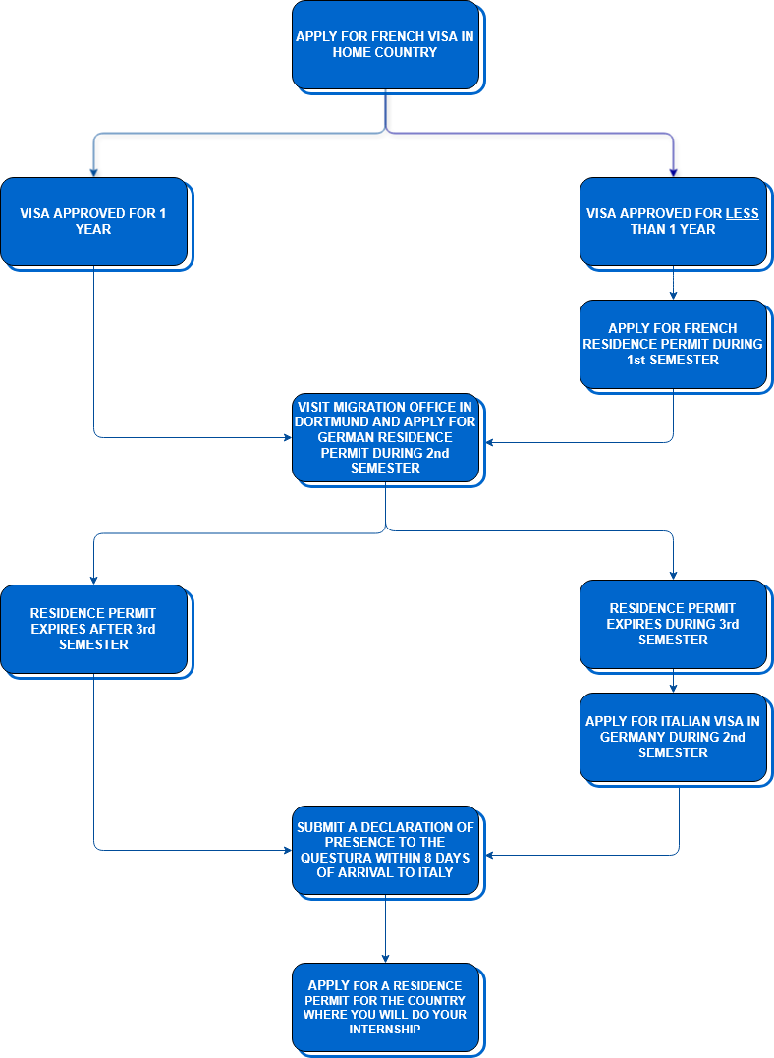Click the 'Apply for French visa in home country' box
tap(385, 44)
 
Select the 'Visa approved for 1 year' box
tap(93, 221)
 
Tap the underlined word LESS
tap(743, 213)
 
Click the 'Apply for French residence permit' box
tap(674, 344)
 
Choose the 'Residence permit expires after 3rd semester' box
tap(93, 629)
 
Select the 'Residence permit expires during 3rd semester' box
tap(674, 624)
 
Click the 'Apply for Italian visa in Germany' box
tap(674, 737)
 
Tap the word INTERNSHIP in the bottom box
tap(385, 1029)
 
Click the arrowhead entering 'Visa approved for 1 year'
tap(93, 173)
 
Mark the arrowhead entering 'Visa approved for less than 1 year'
tap(674, 173)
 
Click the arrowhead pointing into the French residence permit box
tap(674, 296)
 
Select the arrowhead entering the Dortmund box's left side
tap(288, 437)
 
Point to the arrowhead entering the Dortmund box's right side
tap(490, 443)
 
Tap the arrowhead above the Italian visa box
tap(674, 689)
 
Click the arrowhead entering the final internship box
tap(385, 958)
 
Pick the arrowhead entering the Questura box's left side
tap(288, 850)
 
